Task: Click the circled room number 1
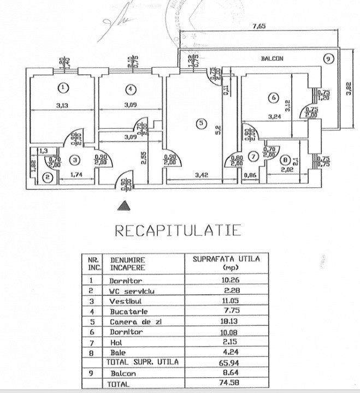pyautogui.click(x=64, y=87)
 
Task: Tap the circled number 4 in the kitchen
pyautogui.click(x=129, y=89)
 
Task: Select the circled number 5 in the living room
pyautogui.click(x=201, y=124)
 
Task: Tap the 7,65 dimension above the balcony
pyautogui.click(x=259, y=25)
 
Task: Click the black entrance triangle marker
pyautogui.click(x=125, y=205)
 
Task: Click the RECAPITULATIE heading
pyautogui.click(x=178, y=230)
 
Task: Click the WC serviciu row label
pyautogui.click(x=132, y=291)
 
